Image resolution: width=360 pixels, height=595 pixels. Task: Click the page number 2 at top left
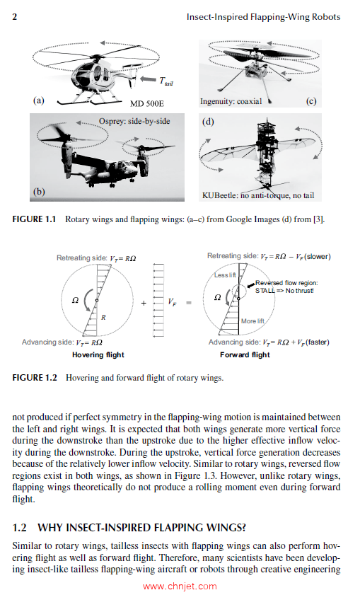pyautogui.click(x=16, y=16)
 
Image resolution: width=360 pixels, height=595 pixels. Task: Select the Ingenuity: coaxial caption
pyautogui.click(x=231, y=101)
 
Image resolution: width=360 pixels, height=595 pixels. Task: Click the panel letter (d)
pyautogui.click(x=208, y=121)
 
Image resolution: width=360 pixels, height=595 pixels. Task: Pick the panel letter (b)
pyautogui.click(x=40, y=191)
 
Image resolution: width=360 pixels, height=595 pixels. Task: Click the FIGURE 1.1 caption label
pyautogui.click(x=36, y=219)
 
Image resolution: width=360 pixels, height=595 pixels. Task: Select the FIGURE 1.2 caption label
pyautogui.click(x=36, y=378)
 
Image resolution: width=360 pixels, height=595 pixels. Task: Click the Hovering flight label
pyautogui.click(x=98, y=354)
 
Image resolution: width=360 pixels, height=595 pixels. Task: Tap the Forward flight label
pyautogui.click(x=245, y=354)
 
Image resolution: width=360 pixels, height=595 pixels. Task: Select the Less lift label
pyautogui.click(x=226, y=274)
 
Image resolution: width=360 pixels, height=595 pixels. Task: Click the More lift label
pyautogui.click(x=252, y=321)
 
